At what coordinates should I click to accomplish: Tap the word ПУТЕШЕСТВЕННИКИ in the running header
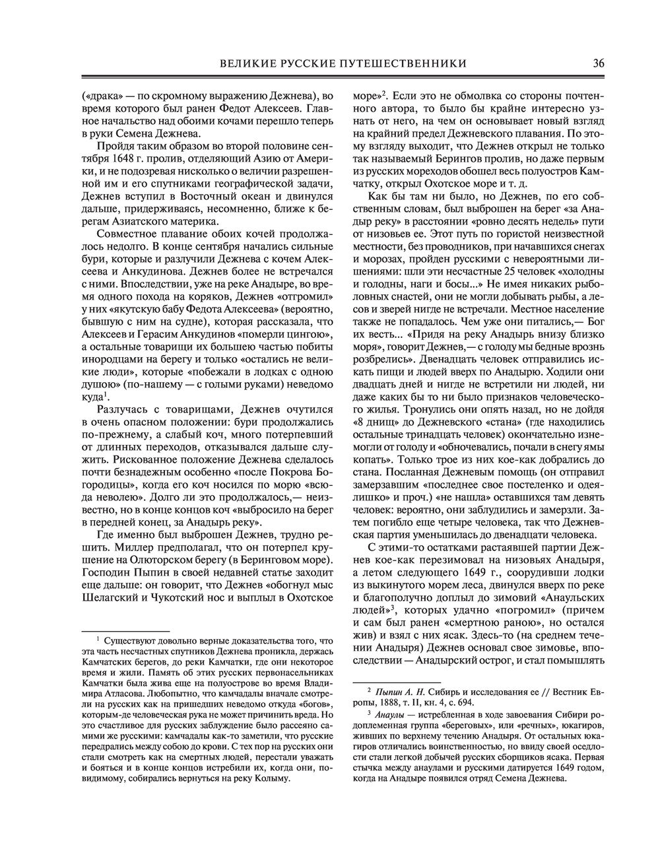406,63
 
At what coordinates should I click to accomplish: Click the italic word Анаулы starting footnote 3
389,713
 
